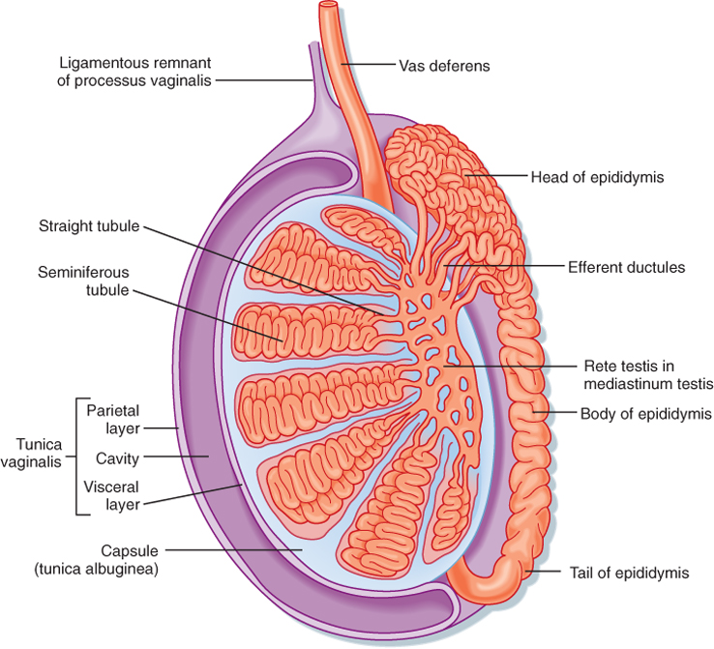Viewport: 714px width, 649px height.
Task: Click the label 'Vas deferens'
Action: point(445,67)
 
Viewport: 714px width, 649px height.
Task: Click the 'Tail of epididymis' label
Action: point(634,573)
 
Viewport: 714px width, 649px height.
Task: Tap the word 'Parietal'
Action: point(114,408)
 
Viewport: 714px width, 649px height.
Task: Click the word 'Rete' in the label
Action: point(598,366)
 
